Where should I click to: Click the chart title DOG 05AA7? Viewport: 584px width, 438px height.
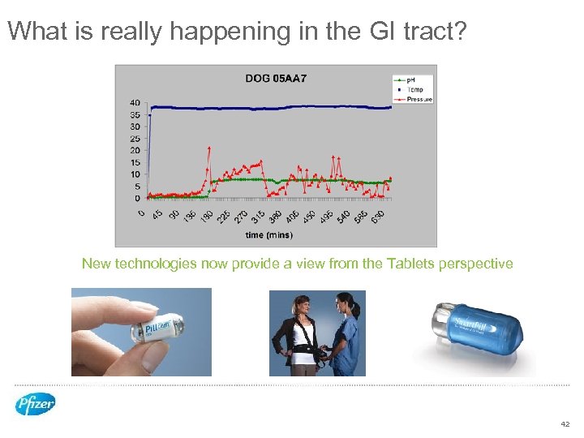pyautogui.click(x=276, y=79)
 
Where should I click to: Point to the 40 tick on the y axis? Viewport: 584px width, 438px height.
pyautogui.click(x=134, y=103)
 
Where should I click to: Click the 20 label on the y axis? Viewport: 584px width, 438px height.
pyautogui.click(x=134, y=150)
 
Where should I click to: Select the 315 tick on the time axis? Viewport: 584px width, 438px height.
pyautogui.click(x=258, y=217)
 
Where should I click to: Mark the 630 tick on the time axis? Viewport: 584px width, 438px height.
pyautogui.click(x=378, y=217)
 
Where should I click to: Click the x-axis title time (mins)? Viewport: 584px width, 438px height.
pyautogui.click(x=268, y=235)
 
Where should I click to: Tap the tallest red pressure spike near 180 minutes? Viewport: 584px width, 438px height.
pyautogui.click(x=209, y=148)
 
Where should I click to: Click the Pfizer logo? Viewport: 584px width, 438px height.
pyautogui.click(x=35, y=403)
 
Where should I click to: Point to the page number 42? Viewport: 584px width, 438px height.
pyautogui.click(x=565, y=424)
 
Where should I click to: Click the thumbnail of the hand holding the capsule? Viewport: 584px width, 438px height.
pyautogui.click(x=140, y=332)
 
